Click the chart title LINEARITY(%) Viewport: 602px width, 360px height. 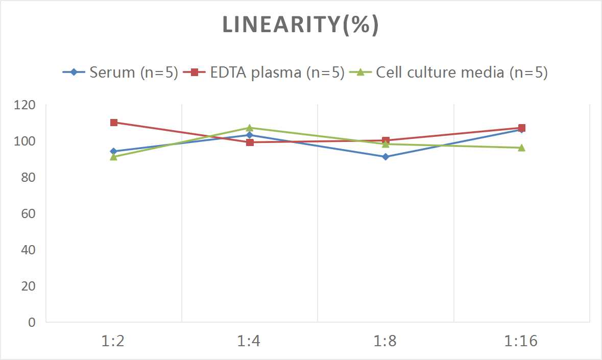coord(300,25)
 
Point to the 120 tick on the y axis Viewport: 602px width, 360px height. coord(26,105)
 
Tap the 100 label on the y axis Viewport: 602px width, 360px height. coord(26,141)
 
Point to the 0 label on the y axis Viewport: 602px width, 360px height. coord(32,322)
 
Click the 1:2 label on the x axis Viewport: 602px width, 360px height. coord(113,341)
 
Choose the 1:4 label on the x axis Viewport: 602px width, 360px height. coord(249,341)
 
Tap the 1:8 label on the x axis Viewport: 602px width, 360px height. coord(385,341)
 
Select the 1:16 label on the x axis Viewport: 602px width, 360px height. coord(521,341)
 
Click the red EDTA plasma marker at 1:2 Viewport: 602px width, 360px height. coord(114,123)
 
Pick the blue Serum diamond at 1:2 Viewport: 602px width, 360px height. coord(114,152)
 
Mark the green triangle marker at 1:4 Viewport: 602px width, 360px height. coord(250,128)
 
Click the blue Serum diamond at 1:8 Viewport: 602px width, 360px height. coord(386,157)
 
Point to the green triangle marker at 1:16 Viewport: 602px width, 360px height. coord(521,148)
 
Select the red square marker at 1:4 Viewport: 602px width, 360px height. coord(250,142)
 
